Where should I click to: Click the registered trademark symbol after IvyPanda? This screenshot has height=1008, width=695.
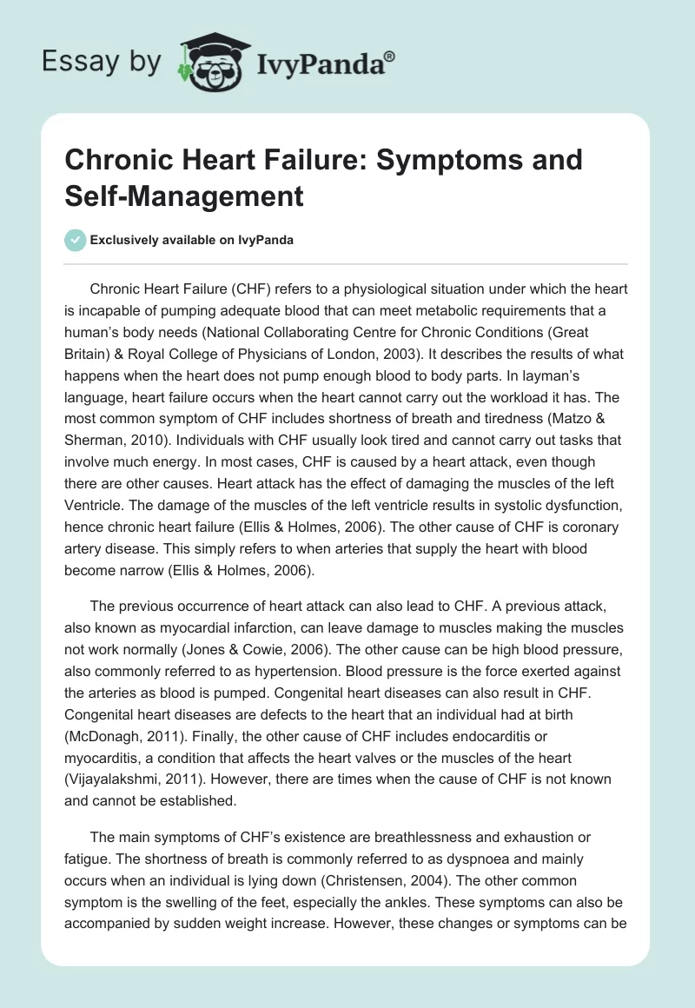390,56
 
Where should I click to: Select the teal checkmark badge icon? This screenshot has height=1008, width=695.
76,240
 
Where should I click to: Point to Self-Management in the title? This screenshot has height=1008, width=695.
184,196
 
